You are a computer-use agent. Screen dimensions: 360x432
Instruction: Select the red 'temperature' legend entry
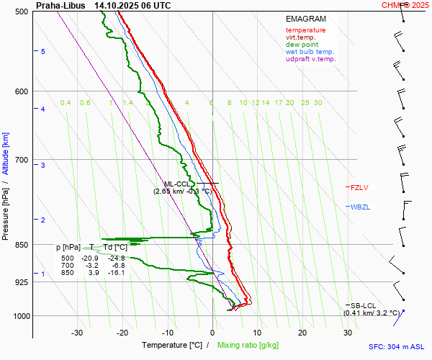click(305, 30)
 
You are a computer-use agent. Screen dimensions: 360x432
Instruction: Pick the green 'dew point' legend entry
click(302, 45)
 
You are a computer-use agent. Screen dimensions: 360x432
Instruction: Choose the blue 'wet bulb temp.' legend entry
click(310, 52)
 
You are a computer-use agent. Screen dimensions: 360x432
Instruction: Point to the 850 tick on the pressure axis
click(22, 245)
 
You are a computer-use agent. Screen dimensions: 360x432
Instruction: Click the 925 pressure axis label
click(22, 282)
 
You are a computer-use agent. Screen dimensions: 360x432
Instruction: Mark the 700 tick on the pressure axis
click(22, 159)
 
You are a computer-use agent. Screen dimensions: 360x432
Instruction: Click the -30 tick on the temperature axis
click(78, 332)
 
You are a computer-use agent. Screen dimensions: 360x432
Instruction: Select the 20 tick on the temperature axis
click(302, 332)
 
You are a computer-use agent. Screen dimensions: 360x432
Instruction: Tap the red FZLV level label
click(359, 187)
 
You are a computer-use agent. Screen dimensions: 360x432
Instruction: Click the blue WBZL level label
click(360, 207)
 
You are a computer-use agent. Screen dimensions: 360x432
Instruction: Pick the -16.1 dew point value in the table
click(116, 273)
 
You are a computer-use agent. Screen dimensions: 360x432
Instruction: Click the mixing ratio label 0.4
click(66, 103)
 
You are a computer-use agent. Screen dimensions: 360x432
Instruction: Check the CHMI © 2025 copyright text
click(405, 5)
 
